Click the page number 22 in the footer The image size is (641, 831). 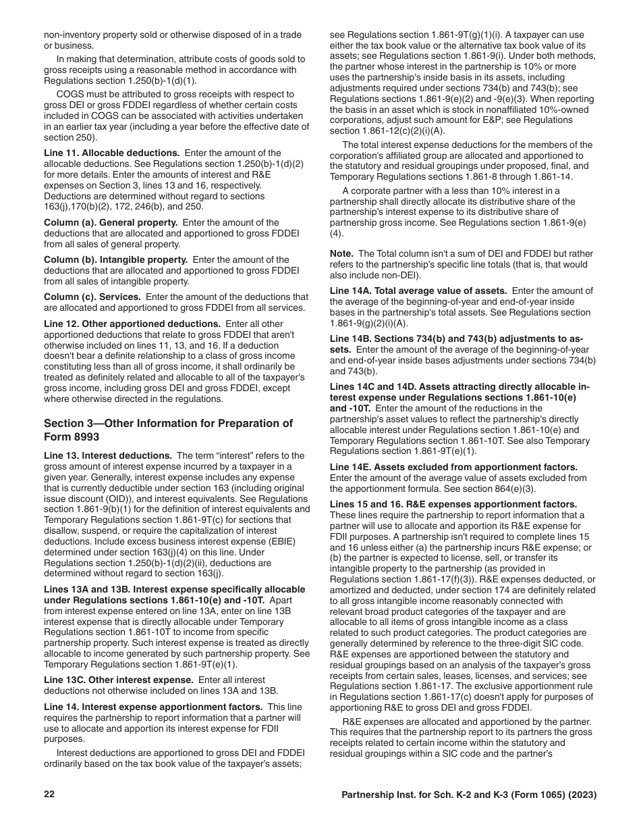pyautogui.click(x=49, y=795)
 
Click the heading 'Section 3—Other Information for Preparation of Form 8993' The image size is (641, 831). pyautogui.click(x=168, y=430)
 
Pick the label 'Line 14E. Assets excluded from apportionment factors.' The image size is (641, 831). pyautogui.click(x=453, y=467)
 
